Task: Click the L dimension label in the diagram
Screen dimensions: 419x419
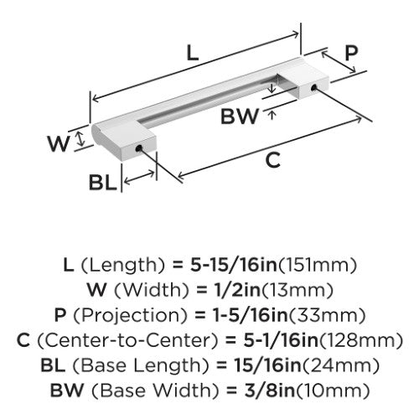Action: pyautogui.click(x=193, y=53)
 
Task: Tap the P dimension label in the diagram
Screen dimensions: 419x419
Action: pyautogui.click(x=351, y=53)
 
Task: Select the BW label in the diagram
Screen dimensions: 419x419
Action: pyautogui.click(x=240, y=116)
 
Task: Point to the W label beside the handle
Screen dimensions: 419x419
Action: pyautogui.click(x=58, y=143)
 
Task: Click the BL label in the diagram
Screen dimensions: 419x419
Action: pyautogui.click(x=102, y=183)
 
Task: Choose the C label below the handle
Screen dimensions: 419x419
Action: pyautogui.click(x=272, y=160)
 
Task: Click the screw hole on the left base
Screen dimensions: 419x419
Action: pyautogui.click(x=138, y=148)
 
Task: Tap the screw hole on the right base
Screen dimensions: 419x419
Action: pyautogui.click(x=313, y=87)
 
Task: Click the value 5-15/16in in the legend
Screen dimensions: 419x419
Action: pyautogui.click(x=234, y=265)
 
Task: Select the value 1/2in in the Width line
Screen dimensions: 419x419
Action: pyautogui.click(x=237, y=290)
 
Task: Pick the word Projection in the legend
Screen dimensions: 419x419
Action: pyautogui.click(x=130, y=316)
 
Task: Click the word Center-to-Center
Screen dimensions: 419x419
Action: pyautogui.click(x=127, y=340)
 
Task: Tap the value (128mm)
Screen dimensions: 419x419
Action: pyautogui.click(x=361, y=340)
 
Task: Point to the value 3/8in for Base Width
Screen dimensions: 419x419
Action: pyautogui.click(x=270, y=391)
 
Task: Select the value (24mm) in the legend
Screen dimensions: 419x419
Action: pyautogui.click(x=341, y=365)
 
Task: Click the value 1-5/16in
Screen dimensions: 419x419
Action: pyautogui.click(x=251, y=315)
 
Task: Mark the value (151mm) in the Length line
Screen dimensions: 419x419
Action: pyautogui.click(x=318, y=265)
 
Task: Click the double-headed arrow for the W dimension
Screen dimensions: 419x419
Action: pyautogui.click(x=80, y=139)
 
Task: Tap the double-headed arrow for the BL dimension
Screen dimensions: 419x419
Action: pyautogui.click(x=139, y=178)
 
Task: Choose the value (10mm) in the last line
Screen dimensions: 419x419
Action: pyautogui.click(x=333, y=391)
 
